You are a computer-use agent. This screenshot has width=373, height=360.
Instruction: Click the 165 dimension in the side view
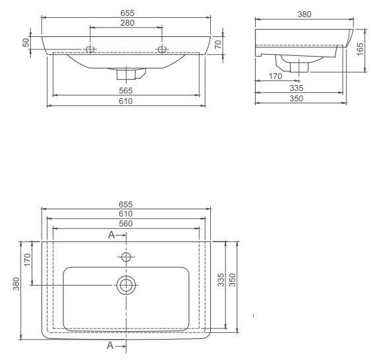click(360, 49)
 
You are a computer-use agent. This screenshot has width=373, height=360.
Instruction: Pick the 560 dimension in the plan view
click(125, 224)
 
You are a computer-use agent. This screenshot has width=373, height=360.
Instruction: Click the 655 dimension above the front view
click(126, 13)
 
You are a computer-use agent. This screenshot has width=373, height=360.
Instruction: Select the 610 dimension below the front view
click(126, 102)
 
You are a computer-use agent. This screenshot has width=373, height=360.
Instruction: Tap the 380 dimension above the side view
click(304, 14)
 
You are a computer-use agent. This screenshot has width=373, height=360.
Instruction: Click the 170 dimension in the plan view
click(27, 259)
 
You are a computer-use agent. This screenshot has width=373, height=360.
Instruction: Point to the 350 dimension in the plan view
click(232, 280)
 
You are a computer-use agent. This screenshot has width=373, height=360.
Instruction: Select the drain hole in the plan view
click(127, 284)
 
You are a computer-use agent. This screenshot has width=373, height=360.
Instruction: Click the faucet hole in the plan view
click(127, 255)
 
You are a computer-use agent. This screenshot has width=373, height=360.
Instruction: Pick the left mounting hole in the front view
click(90, 50)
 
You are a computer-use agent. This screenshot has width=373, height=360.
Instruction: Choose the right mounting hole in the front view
click(161, 50)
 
